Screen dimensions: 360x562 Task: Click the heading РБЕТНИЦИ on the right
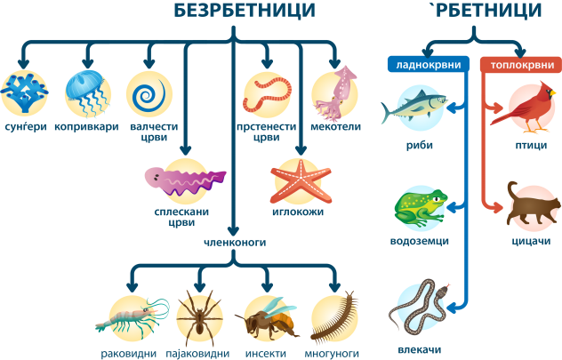coord(474,12)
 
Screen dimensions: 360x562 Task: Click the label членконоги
coord(234,241)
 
